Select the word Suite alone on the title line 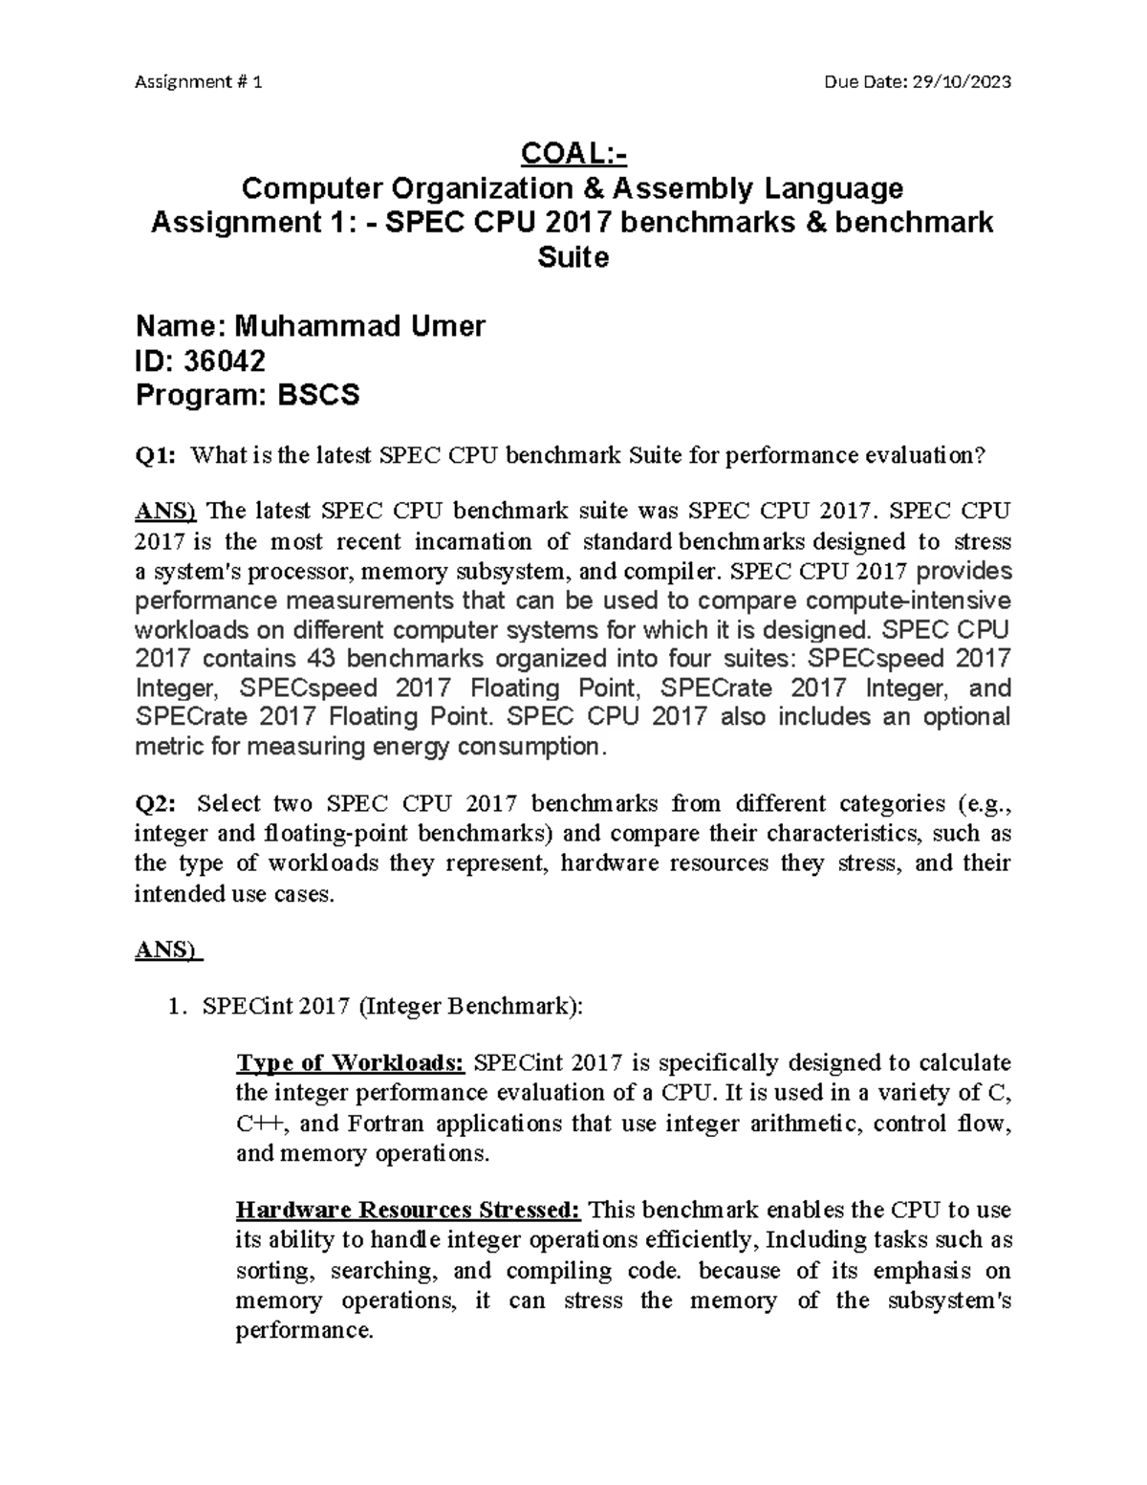573,257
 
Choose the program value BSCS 318,395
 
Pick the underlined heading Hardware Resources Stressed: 408,1211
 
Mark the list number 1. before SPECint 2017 173,1006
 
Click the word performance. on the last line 303,1331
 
